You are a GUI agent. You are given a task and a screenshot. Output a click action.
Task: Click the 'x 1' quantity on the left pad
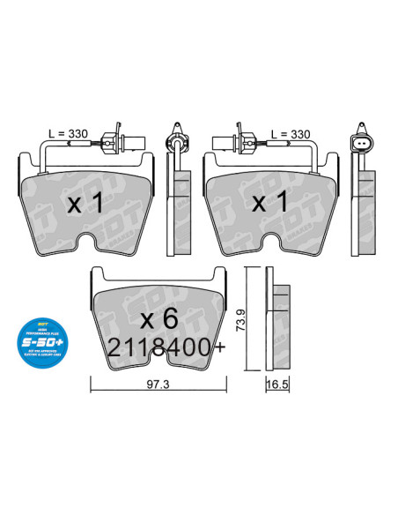86,204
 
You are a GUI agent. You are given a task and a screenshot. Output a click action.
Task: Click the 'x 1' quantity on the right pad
271,204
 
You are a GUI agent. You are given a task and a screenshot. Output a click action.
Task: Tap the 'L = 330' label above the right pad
291,134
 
